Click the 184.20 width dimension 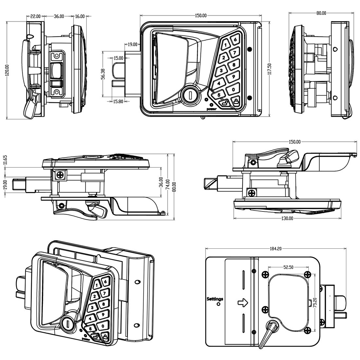click(276, 249)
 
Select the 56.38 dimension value click(103, 74)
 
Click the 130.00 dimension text click(287, 218)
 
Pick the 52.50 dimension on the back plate click(288, 267)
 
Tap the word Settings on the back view click(215, 299)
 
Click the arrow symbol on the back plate click(243, 303)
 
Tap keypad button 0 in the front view click(233, 89)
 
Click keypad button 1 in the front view click(226, 45)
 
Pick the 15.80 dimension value click(118, 101)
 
